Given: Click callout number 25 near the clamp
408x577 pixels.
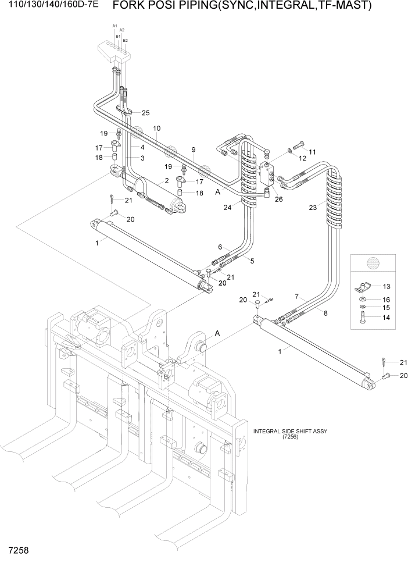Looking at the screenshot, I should point(145,113).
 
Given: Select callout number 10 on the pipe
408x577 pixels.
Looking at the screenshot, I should point(156,128).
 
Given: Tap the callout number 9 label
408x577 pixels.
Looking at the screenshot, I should point(194,149).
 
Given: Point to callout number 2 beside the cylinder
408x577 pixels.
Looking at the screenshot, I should point(166,181).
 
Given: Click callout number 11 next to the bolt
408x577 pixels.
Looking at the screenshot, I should point(312,152).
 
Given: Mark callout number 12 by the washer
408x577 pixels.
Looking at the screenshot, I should point(302,158).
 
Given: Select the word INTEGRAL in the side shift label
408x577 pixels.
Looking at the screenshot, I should point(270,431).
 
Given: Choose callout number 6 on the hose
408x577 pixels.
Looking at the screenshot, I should point(221,247).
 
